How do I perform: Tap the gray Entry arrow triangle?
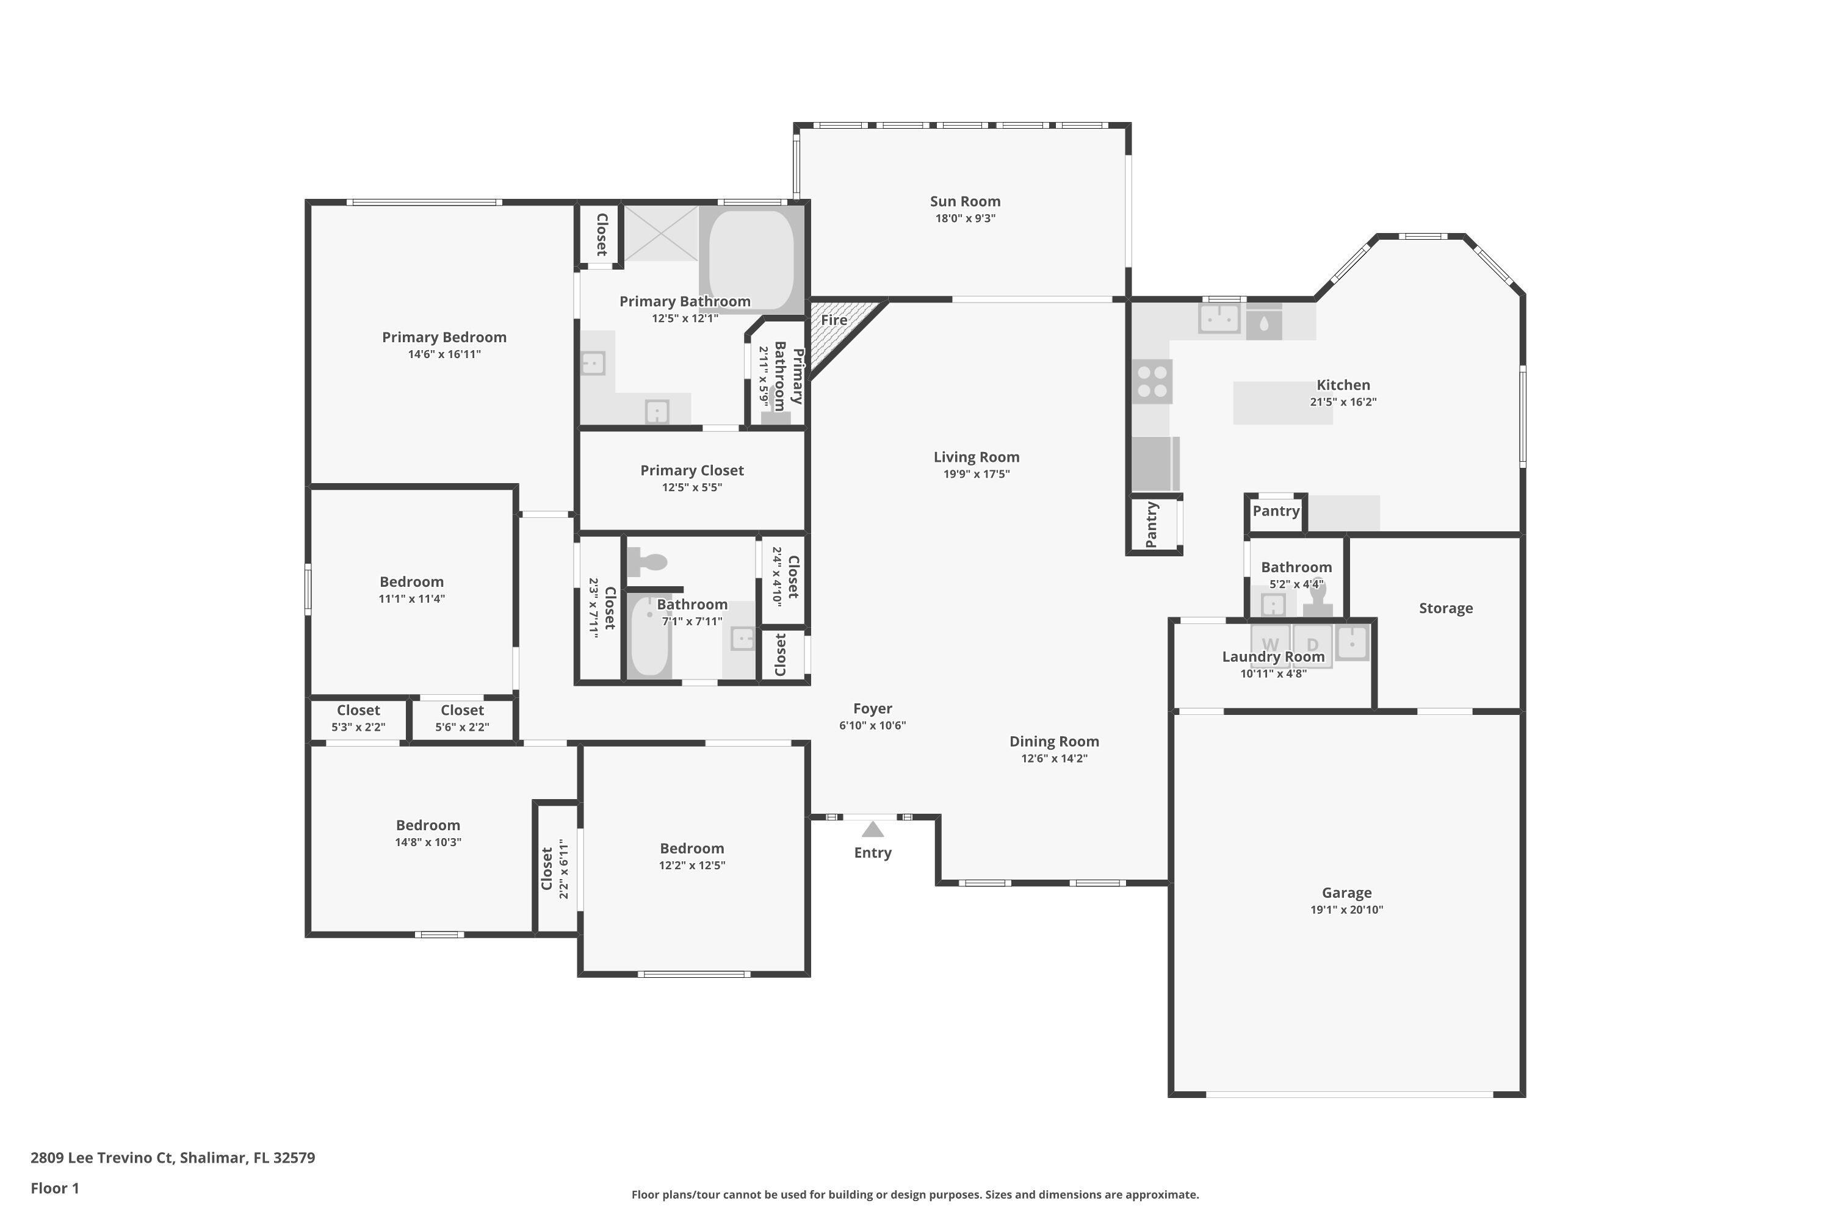[x=873, y=830]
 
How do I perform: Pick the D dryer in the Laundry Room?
[x=1313, y=644]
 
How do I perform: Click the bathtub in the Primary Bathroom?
[x=751, y=259]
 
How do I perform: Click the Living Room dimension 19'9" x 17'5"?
[x=976, y=474]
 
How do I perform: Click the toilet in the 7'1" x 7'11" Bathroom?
[x=648, y=561]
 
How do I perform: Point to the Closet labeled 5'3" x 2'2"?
[x=358, y=718]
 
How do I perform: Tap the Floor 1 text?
[x=54, y=1188]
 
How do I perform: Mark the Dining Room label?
[x=1054, y=742]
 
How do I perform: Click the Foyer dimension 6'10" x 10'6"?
[x=872, y=726]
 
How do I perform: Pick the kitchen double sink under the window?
[x=1218, y=318]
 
